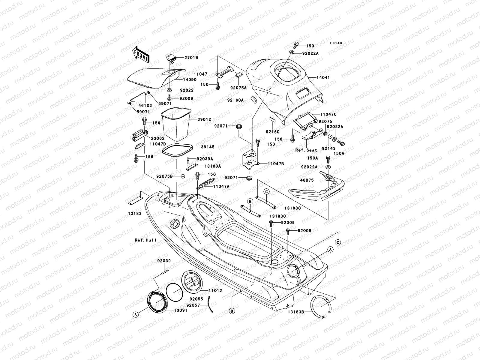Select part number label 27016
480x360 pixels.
tap(191, 58)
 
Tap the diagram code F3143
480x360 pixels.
tap(336, 43)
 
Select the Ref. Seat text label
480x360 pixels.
tap(306, 150)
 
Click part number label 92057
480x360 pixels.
tap(193, 305)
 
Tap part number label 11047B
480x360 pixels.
tap(276, 164)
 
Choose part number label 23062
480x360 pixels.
tap(157, 139)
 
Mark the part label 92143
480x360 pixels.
tap(329, 148)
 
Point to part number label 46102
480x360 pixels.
tap(145, 106)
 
